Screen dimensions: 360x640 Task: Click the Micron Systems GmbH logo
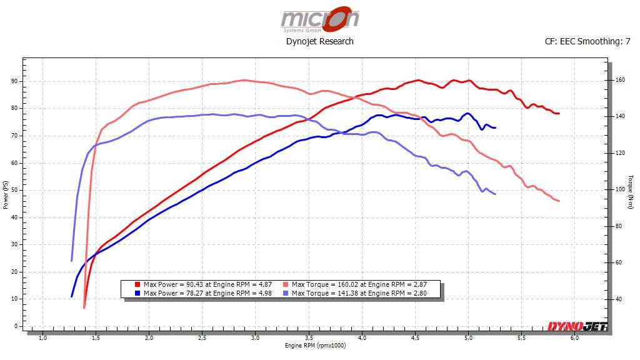click(x=319, y=19)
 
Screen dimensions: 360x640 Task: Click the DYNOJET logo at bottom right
click(x=576, y=326)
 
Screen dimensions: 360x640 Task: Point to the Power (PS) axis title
click(x=6, y=195)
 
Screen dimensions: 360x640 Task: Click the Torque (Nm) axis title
click(x=633, y=195)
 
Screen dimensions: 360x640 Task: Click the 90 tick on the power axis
click(x=14, y=81)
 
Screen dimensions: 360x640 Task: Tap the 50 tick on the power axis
click(x=14, y=190)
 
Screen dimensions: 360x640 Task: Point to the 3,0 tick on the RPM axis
click(x=255, y=338)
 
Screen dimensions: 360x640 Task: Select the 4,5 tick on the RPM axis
click(x=415, y=338)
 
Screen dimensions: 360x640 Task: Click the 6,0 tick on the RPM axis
click(x=574, y=338)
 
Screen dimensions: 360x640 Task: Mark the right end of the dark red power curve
click(x=558, y=114)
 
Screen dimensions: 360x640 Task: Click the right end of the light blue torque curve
click(x=495, y=194)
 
